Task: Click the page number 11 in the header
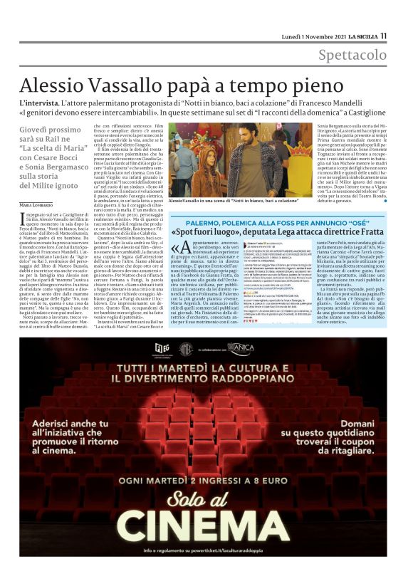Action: pos(383,36)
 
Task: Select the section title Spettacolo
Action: pos(352,55)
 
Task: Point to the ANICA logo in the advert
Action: pos(241,348)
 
